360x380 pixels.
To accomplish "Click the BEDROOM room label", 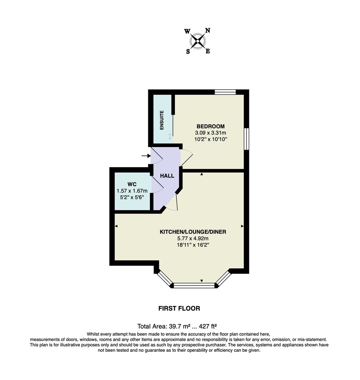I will pos(210,126).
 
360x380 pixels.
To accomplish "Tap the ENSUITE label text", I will pos(162,120).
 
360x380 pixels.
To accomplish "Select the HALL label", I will pos(167,176).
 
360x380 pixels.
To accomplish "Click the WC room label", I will pos(132,184).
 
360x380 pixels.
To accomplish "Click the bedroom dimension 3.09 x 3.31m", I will pos(210,133).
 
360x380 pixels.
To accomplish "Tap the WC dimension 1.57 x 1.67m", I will pos(132,191).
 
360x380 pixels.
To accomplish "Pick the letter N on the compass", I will pos(208,30).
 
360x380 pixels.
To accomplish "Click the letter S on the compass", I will pos(188,52).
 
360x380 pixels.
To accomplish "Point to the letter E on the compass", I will pos(208,51).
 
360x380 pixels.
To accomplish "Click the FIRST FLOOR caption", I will pos(179,309).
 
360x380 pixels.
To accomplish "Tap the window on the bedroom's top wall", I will pos(225,92).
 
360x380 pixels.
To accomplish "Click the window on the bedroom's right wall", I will pos(247,139).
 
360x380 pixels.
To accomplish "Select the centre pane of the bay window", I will pos(194,285).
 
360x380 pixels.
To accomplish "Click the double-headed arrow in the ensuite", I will pos(170,136).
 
